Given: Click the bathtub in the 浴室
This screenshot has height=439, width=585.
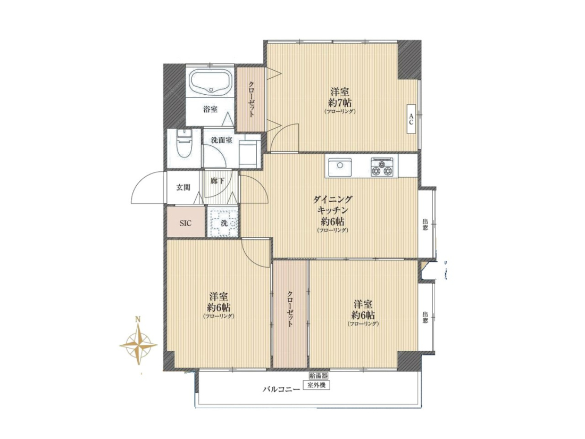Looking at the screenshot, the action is pos(211,83).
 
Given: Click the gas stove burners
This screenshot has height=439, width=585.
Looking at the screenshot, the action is pos(382,167).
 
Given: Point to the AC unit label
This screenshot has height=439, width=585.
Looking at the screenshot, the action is pos(411,118).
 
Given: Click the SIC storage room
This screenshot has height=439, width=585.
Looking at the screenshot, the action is pos(186,223).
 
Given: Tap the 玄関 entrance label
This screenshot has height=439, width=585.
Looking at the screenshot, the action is pos(183,187).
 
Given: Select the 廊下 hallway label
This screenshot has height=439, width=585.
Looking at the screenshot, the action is pos(217,181).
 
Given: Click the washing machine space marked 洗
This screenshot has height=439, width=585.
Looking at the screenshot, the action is pos(223,223).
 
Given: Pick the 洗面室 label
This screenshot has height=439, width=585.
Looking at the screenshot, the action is pos(222,140).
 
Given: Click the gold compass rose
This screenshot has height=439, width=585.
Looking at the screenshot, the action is pos(138,344).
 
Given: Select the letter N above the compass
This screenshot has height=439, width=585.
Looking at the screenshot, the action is pos(138,320).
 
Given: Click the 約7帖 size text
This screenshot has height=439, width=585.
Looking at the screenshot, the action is pos(340,102).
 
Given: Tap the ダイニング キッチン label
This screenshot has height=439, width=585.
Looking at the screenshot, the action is pos(332,204).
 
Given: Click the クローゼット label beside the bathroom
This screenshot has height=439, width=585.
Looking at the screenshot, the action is pos(251,99).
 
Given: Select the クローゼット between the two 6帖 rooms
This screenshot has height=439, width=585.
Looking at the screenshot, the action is pos(290,309).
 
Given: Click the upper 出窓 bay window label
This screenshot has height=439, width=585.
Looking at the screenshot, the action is pos(425,225).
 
